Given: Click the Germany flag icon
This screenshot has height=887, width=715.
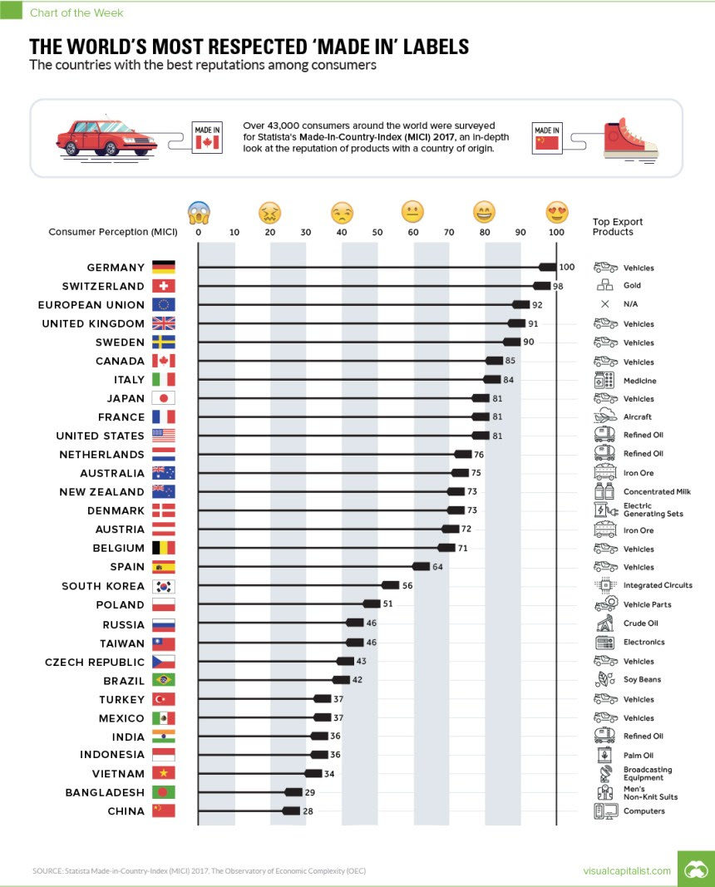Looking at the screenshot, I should click(x=164, y=268).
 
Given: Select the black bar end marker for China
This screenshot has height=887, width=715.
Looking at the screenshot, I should click(x=291, y=811).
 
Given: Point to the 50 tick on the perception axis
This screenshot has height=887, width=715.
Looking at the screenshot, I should click(x=377, y=232).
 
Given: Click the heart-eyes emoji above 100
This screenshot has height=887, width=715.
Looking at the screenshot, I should click(x=556, y=213).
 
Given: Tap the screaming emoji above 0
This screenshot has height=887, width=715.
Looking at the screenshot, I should click(x=198, y=213).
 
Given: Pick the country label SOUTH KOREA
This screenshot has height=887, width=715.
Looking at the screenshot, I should click(x=103, y=586).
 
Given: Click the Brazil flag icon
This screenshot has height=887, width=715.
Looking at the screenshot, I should click(x=164, y=680).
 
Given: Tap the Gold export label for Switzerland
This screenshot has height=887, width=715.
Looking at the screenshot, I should click(x=632, y=286).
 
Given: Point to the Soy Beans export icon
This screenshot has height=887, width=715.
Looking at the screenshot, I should click(x=604, y=679).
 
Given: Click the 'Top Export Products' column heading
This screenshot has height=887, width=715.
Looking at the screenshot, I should click(x=617, y=227).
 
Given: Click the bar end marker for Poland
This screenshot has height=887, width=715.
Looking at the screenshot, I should click(x=372, y=604).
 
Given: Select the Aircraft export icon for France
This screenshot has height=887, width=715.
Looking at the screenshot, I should click(x=604, y=416).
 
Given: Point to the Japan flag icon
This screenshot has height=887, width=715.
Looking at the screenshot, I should click(x=164, y=398).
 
